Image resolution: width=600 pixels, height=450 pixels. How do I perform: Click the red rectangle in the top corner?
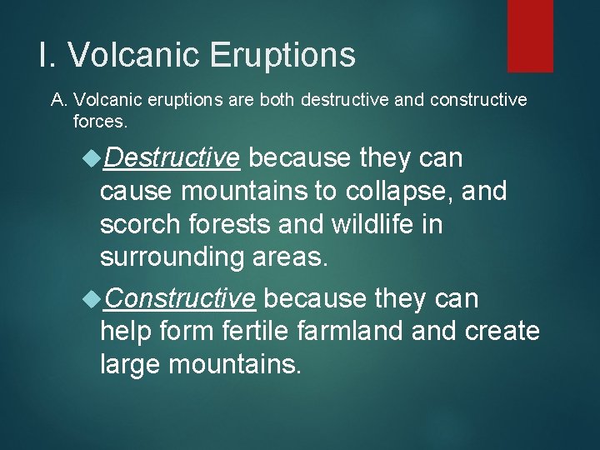pyautogui.click(x=530, y=35)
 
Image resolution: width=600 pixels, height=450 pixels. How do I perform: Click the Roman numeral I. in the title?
pyautogui.click(x=47, y=55)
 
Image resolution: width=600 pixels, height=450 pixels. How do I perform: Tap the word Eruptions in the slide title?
pyautogui.click(x=282, y=55)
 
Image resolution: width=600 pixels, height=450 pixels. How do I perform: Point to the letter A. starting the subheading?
pyautogui.click(x=59, y=101)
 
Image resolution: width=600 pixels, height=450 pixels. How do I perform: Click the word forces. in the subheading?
pyautogui.click(x=100, y=122)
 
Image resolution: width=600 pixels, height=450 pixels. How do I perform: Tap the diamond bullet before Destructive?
pyautogui.click(x=90, y=157)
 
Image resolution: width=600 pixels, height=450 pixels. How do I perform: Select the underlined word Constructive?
pyautogui.click(x=180, y=297)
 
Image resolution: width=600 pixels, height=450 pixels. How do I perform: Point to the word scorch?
pyautogui.click(x=137, y=225)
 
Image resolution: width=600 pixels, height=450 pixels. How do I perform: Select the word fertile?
pyautogui.click(x=253, y=331)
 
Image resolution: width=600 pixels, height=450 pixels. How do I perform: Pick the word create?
pyautogui.click(x=501, y=331)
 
